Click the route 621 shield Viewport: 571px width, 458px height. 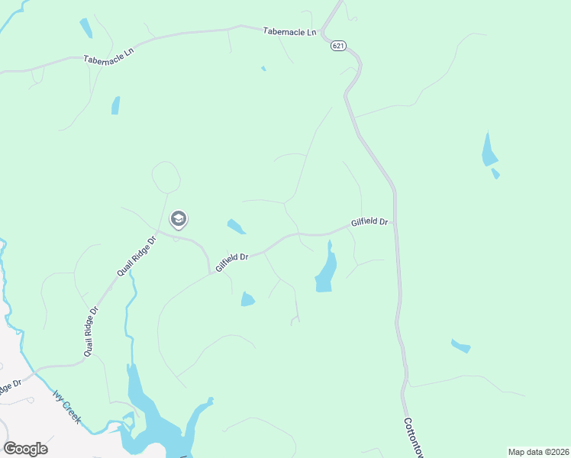point(339,47)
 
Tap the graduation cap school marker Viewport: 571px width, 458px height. point(179,220)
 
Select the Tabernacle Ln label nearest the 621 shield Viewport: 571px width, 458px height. point(289,32)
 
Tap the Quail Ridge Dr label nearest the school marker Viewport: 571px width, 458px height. point(136,256)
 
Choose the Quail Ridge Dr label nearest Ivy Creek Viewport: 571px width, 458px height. point(92,331)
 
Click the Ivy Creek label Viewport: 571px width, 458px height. point(67,409)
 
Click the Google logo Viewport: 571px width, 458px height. point(25,449)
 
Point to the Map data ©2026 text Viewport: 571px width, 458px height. point(538,452)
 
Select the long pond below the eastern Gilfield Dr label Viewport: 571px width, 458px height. point(327,271)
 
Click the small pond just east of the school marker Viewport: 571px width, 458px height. point(236,227)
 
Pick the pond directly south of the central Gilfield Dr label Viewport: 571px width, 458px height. point(247,299)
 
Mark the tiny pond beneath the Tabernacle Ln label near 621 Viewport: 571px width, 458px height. point(263,69)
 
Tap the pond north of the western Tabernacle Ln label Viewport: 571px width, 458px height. point(85,28)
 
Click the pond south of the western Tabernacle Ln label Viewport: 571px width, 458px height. point(115,105)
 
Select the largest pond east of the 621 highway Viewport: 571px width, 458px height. point(489,150)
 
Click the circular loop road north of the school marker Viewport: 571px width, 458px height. point(166,177)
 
